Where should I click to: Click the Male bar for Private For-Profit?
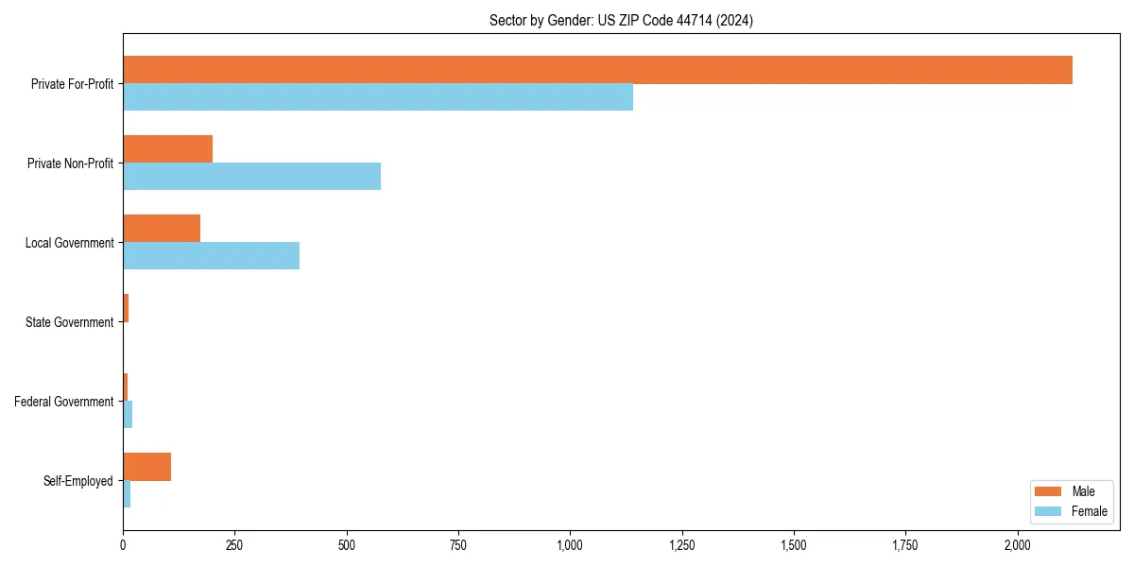coord(597,70)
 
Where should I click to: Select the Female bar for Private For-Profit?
coord(378,97)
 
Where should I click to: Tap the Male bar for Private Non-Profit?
coord(167,149)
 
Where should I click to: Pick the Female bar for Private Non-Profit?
coord(251,177)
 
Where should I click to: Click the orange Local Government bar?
coord(162,229)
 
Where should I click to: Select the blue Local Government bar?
coord(211,256)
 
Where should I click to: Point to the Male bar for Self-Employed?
coord(146,467)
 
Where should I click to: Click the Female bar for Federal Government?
coord(128,415)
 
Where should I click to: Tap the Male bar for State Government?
coord(126,308)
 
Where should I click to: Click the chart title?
coord(621,20)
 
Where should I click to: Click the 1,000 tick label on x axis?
coord(570,545)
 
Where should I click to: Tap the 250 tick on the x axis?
coord(234,545)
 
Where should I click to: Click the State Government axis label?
coord(69,322)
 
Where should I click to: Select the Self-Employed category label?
coord(78,481)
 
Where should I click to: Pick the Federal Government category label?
coord(64,402)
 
